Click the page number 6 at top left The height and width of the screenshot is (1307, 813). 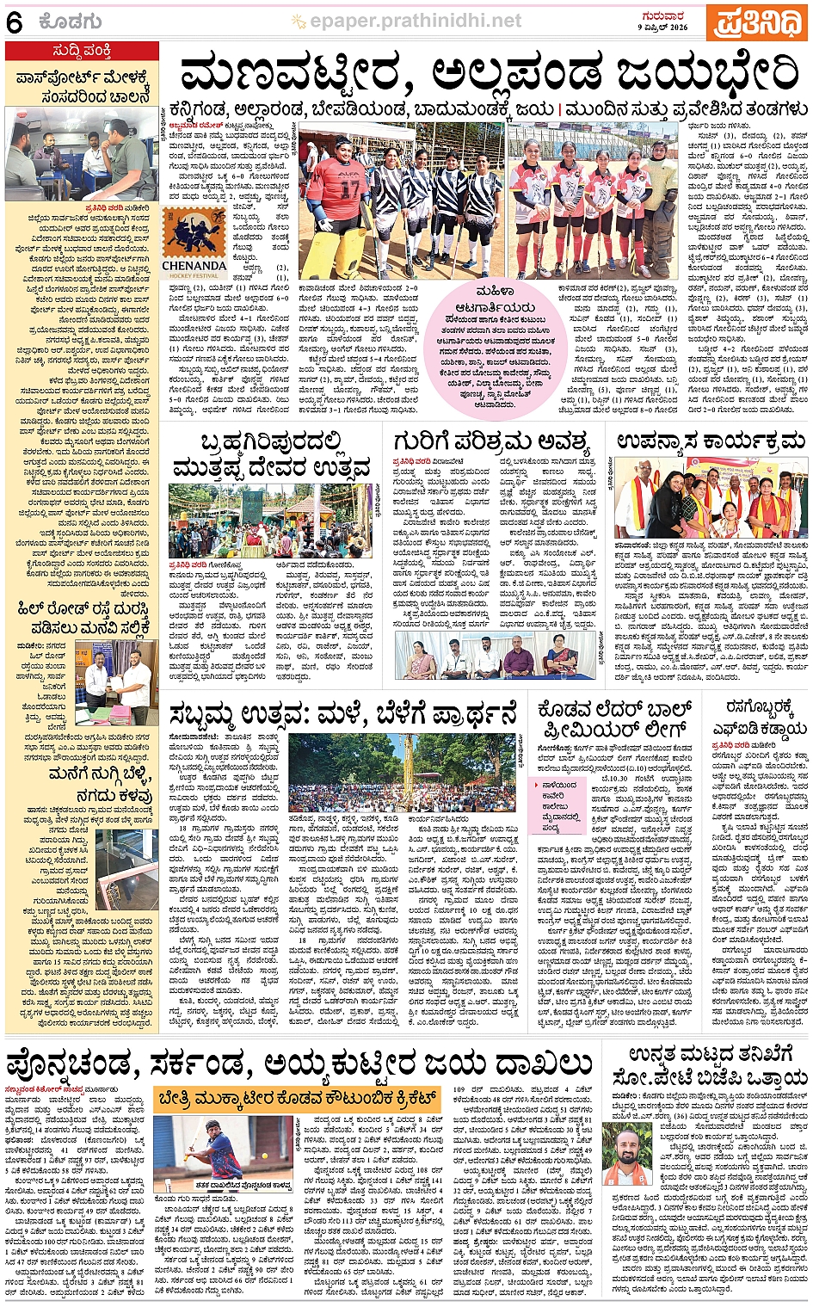14,22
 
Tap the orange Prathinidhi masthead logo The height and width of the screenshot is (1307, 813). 758,22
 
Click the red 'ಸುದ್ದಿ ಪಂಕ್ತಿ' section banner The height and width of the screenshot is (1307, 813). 82,51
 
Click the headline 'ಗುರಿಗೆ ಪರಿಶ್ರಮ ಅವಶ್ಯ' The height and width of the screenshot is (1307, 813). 490,443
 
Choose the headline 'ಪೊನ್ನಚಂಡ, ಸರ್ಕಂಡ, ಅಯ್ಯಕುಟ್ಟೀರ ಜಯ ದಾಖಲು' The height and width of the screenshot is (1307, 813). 299,1063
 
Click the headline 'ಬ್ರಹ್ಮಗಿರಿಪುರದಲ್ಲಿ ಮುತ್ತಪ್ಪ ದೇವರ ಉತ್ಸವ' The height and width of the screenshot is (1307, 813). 272,457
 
